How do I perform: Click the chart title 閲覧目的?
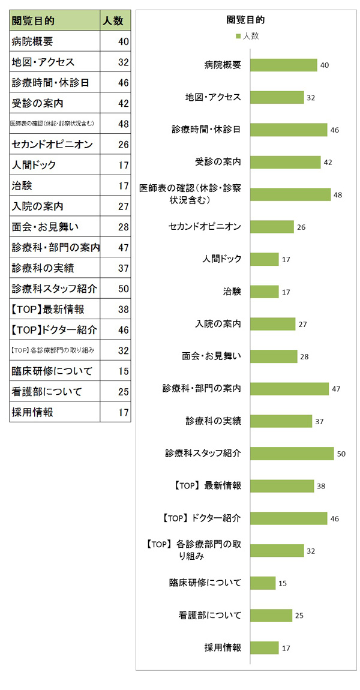(x=246, y=20)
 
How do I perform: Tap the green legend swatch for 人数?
(x=238, y=37)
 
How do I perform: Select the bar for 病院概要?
(x=283, y=65)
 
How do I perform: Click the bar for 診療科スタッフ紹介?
(x=292, y=454)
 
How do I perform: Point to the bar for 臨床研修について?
(x=263, y=583)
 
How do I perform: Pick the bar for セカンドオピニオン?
(x=272, y=227)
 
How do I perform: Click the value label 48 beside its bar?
(x=338, y=194)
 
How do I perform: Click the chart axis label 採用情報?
(x=223, y=648)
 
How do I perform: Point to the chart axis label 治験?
(x=232, y=292)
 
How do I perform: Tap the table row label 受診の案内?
(x=38, y=104)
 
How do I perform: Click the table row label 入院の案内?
(x=38, y=206)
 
